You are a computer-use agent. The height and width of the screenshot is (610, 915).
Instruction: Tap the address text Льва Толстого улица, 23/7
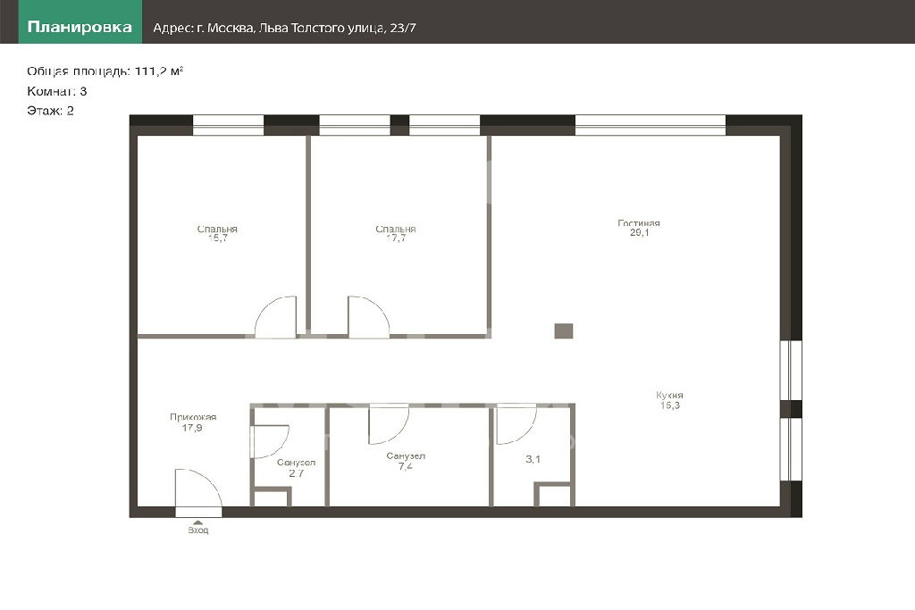point(337,28)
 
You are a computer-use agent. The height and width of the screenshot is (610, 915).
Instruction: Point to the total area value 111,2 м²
point(159,71)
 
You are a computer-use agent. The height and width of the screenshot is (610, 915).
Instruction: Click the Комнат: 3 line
point(56,91)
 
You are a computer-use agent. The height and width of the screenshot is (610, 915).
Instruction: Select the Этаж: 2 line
point(50,111)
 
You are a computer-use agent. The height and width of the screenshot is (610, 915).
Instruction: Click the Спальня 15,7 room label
point(217,233)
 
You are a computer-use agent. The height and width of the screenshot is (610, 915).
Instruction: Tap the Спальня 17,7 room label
point(396,233)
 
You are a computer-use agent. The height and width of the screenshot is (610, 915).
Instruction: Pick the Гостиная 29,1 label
point(639,228)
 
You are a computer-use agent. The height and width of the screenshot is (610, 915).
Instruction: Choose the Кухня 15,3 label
point(669,400)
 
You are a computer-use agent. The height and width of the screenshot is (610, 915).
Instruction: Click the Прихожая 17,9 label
point(193,422)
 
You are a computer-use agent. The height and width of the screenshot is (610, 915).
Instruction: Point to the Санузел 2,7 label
point(296,468)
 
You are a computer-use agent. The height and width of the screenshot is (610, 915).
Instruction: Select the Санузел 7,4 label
point(406,461)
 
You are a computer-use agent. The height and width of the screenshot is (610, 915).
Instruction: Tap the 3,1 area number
point(533,459)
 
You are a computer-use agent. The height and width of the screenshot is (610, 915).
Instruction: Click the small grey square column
point(563,331)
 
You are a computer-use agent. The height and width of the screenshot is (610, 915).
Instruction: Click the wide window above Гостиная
point(651,125)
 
